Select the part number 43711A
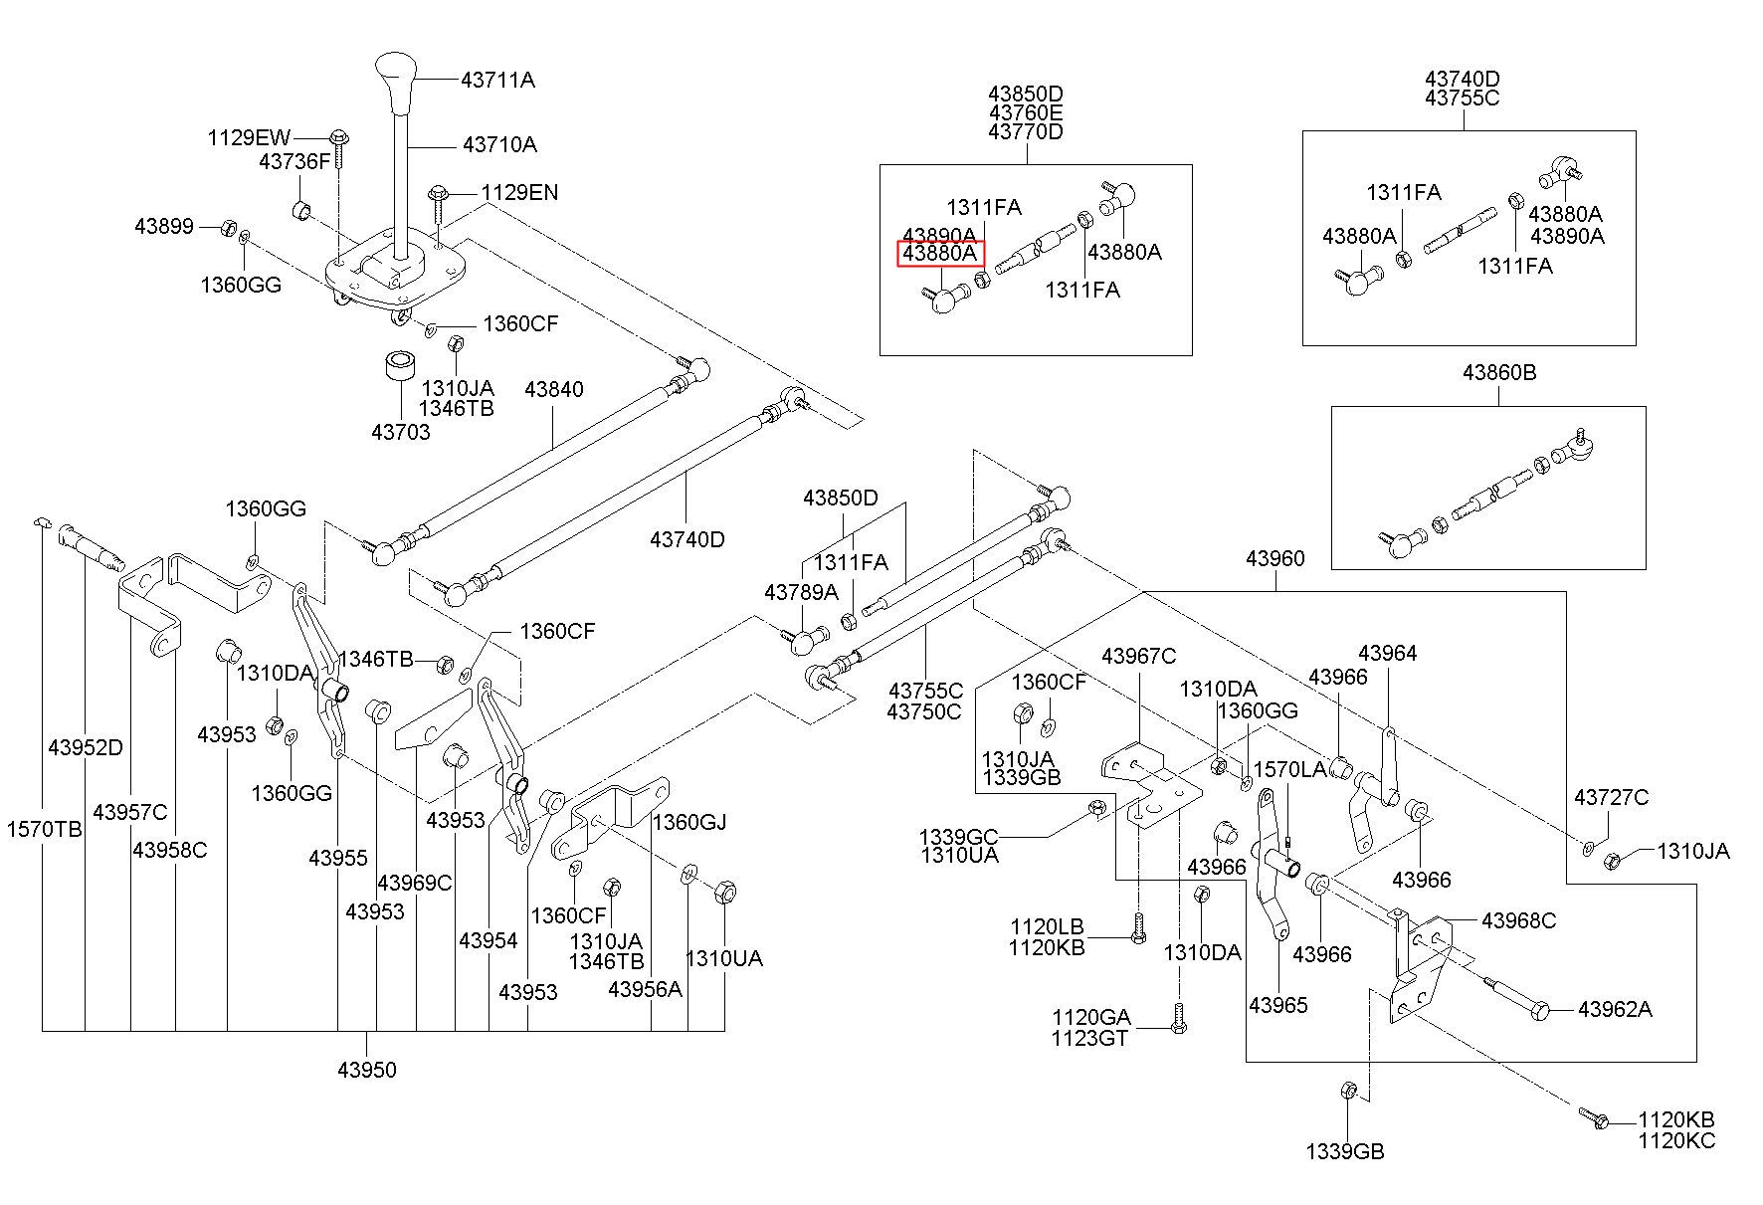(497, 80)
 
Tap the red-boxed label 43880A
(940, 254)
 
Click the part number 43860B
(1498, 373)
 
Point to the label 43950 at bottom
(367, 1070)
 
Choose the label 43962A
(1615, 1009)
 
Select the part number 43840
(553, 389)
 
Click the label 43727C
(1611, 797)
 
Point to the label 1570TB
(45, 828)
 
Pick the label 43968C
(1518, 920)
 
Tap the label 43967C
(1138, 656)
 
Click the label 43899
(164, 227)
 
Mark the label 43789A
(801, 592)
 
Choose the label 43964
(1387, 653)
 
